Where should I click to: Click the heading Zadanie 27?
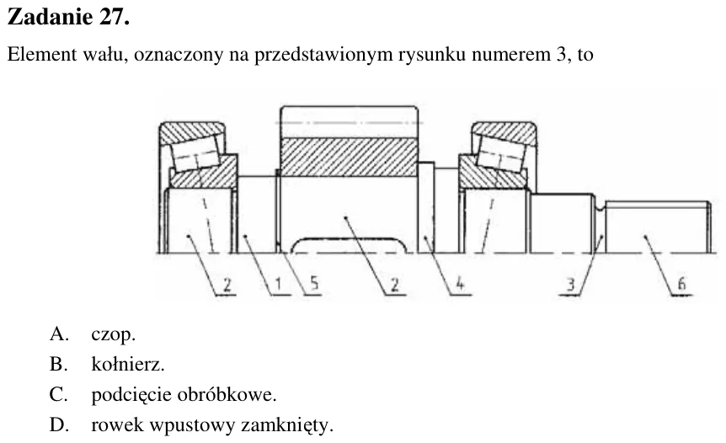pyautogui.click(x=68, y=18)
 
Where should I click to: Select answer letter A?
pyautogui.click(x=59, y=334)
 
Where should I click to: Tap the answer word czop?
pyautogui.click(x=113, y=335)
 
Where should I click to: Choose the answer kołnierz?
pyautogui.click(x=128, y=365)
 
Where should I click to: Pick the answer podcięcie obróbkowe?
pyautogui.click(x=184, y=395)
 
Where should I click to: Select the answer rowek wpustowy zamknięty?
pyautogui.click(x=212, y=425)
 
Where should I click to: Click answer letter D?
pyautogui.click(x=59, y=425)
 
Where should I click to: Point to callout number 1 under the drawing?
pyautogui.click(x=278, y=284)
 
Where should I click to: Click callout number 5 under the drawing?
pyautogui.click(x=315, y=283)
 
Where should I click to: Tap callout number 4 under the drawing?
pyautogui.click(x=460, y=283)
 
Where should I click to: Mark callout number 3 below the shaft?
pyautogui.click(x=571, y=284)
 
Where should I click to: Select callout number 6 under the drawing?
pyautogui.click(x=681, y=283)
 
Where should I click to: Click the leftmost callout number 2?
pyautogui.click(x=227, y=284)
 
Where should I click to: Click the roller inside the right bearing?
pyautogui.click(x=501, y=154)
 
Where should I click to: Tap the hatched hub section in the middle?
pyautogui.click(x=349, y=157)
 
